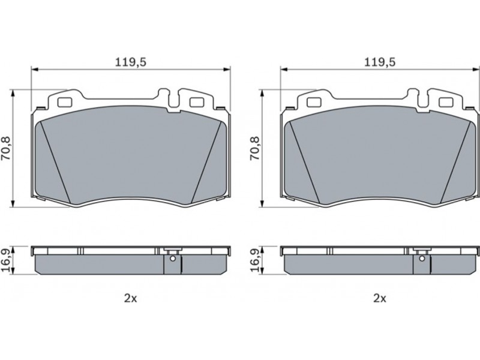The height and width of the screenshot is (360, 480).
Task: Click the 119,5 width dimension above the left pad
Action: [x=131, y=62]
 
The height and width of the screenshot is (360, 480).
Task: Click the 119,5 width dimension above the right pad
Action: [x=380, y=62]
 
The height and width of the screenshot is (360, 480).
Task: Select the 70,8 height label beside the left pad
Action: [x=6, y=148]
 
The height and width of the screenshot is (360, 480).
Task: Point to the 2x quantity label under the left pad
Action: [x=131, y=298]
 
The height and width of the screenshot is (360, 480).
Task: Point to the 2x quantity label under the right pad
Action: [x=380, y=298]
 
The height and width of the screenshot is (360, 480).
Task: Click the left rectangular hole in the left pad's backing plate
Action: [x=64, y=102]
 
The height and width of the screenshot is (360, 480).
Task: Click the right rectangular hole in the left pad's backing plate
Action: [x=196, y=102]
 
